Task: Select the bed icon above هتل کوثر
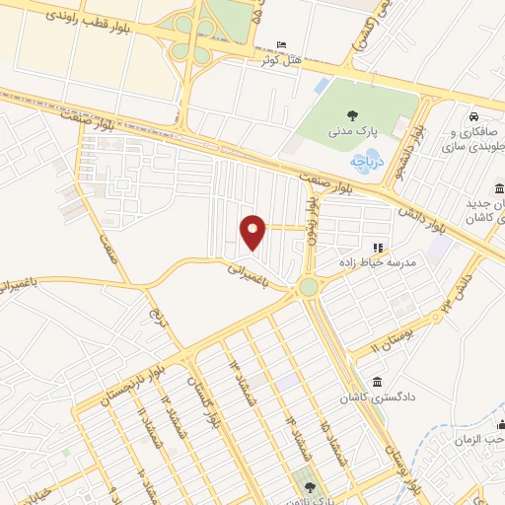(x=282, y=45)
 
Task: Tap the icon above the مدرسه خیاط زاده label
(x=375, y=247)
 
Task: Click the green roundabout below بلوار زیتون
(x=309, y=287)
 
